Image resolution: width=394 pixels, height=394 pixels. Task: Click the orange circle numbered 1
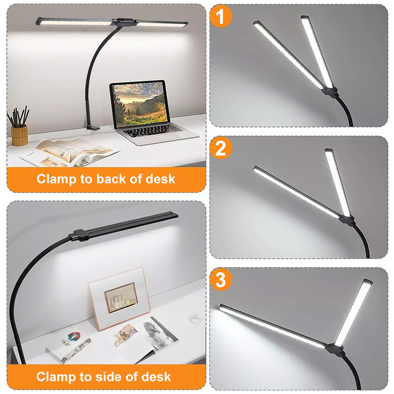tap(221, 17)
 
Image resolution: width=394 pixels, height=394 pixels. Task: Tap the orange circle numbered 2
tap(221, 148)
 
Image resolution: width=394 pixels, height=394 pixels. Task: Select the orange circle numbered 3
tap(221, 280)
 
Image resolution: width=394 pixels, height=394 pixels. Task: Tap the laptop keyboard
tap(153, 132)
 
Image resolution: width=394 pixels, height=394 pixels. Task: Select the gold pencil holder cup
tap(19, 135)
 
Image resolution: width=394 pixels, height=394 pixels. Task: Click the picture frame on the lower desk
tap(119, 297)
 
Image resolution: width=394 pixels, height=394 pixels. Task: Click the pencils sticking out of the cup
tap(19, 117)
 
